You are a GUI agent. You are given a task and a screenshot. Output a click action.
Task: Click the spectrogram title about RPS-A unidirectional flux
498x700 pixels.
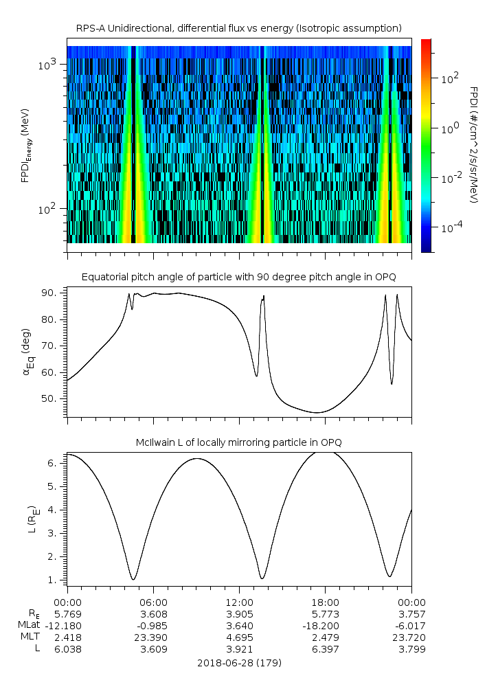pyautogui.click(x=239, y=28)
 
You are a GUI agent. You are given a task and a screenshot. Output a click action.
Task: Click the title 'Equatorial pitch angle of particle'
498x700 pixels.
pyautogui.click(x=239, y=277)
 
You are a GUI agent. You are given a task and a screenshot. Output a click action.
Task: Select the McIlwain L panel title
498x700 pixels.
pyautogui.click(x=239, y=442)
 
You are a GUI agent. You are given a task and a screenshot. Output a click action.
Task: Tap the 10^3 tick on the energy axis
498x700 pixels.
pyautogui.click(x=51, y=65)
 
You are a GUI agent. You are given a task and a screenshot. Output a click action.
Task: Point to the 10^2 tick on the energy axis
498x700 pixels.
pyautogui.click(x=51, y=209)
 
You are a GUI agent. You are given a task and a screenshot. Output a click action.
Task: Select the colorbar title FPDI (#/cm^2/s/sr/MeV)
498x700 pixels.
pyautogui.click(x=473, y=146)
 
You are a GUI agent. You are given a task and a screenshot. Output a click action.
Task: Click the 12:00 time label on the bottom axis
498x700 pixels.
pyautogui.click(x=239, y=601)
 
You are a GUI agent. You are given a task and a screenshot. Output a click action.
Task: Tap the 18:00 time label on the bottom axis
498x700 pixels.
pyautogui.click(x=325, y=601)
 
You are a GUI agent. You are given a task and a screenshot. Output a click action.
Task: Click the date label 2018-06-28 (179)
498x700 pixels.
pyautogui.click(x=239, y=663)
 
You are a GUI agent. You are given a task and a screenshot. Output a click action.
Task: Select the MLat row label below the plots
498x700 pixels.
pyautogui.click(x=30, y=625)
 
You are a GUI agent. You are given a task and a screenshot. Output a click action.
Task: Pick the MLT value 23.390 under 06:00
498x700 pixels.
pyautogui.click(x=153, y=637)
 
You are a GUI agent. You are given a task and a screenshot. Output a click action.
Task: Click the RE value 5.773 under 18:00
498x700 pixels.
pyautogui.click(x=325, y=613)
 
